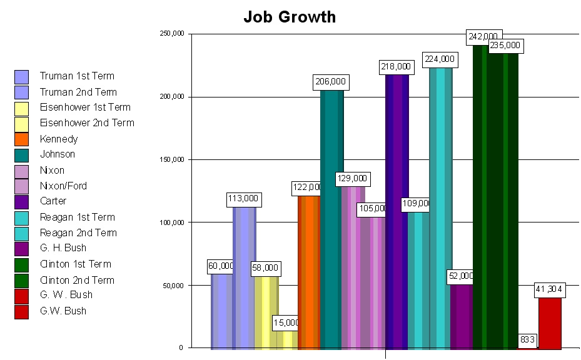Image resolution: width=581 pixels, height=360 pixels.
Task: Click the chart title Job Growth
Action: tap(289, 17)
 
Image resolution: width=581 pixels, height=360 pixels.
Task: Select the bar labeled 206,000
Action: tap(331, 219)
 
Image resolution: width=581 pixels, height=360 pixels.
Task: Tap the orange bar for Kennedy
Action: tap(309, 272)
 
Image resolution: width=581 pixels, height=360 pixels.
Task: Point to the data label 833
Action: tap(527, 340)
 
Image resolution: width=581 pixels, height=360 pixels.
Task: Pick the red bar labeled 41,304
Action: tap(550, 323)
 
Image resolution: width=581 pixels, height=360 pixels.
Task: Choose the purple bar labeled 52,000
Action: tap(462, 316)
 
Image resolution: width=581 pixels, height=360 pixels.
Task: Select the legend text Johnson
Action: tap(58, 154)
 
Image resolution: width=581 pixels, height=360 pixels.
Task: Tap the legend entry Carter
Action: tap(53, 201)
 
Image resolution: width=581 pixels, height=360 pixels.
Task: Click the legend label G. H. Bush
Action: tap(63, 248)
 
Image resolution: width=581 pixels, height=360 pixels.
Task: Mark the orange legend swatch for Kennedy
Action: tap(22, 139)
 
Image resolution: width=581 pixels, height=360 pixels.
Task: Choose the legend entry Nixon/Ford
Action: tap(63, 186)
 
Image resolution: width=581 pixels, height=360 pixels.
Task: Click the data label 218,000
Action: tap(396, 66)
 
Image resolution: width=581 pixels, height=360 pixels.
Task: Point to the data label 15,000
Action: tap(287, 323)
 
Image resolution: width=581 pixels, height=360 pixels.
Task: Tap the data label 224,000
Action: tap(440, 59)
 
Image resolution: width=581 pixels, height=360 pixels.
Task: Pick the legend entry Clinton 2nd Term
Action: tap(77, 280)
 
